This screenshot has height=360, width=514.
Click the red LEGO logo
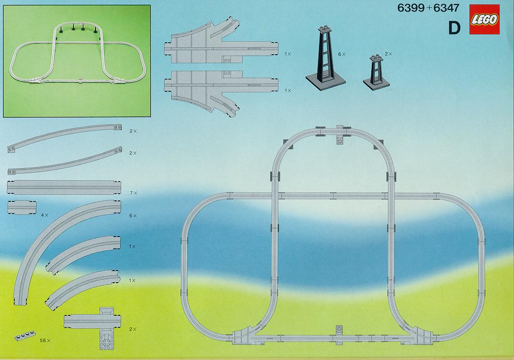tap(485, 20)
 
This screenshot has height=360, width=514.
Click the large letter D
tap(454, 28)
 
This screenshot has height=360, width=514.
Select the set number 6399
tap(410, 8)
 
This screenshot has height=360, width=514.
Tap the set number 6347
tap(446, 8)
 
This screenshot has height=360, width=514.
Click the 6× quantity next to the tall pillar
tap(342, 54)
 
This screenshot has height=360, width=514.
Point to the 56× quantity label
tap(45, 340)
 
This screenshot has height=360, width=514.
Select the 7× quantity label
tap(133, 193)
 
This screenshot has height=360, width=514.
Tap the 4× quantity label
tap(45, 215)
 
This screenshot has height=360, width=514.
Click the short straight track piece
tap(21, 208)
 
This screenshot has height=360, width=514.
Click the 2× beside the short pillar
tap(388, 54)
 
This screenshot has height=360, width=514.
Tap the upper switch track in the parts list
tap(219, 43)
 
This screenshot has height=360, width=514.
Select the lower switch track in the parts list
tap(219, 92)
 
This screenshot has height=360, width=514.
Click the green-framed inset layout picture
tap(77, 61)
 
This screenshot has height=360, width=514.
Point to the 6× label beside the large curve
tap(133, 215)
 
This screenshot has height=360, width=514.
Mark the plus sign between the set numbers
tap(429, 8)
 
